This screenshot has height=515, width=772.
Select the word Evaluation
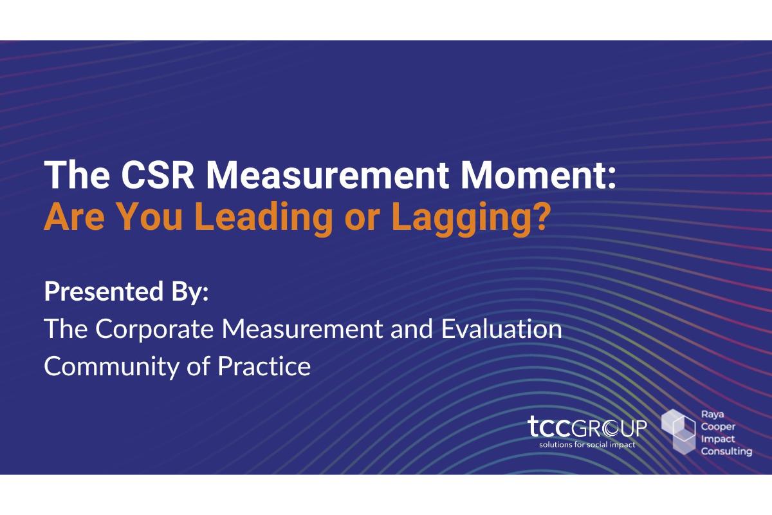501,329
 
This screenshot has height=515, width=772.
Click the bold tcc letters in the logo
549,426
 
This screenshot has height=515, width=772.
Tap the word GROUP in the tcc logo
609,427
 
